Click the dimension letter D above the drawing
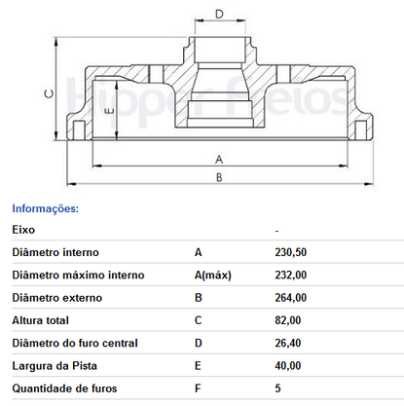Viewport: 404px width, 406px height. (220, 15)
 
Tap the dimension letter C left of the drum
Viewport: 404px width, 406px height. (49, 93)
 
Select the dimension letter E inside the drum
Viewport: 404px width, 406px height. (110, 111)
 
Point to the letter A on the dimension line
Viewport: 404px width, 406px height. (219, 160)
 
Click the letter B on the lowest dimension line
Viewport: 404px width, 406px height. (219, 177)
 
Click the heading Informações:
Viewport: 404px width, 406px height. (46, 208)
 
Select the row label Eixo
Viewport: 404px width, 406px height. (23, 230)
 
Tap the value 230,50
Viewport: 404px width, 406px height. (291, 252)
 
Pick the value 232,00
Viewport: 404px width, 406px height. (291, 275)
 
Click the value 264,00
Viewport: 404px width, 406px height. (291, 298)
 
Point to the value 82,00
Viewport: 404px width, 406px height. (288, 320)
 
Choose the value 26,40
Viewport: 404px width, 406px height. (288, 343)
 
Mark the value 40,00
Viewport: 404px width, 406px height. (288, 366)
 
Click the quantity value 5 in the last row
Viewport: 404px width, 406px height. (277, 388)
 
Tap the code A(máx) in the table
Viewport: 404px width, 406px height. (213, 276)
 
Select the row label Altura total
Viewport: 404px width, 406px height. (41, 320)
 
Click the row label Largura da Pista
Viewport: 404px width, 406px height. (55, 366)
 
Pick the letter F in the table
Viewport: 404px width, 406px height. (198, 388)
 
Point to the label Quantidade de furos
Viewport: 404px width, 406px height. (64, 388)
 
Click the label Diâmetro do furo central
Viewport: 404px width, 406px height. (75, 343)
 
